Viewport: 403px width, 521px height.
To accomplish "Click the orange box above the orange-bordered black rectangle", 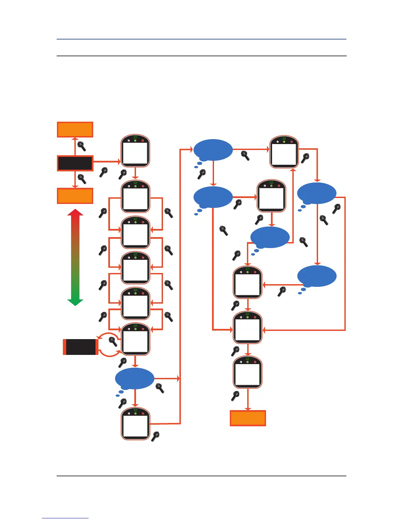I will (x=75, y=130).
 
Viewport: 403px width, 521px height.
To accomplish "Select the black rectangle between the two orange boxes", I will (x=75, y=163).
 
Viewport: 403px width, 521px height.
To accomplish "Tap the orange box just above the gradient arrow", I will (x=75, y=196).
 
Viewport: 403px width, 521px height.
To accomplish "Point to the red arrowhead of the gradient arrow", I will (x=75, y=213).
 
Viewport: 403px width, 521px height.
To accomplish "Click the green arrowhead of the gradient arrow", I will (x=75, y=302).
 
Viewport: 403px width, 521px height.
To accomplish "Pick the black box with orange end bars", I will (x=81, y=347).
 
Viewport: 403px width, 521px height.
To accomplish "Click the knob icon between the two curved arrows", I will (x=113, y=341).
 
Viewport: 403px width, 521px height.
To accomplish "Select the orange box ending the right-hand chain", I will (x=248, y=418).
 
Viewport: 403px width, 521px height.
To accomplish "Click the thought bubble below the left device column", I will (x=135, y=379).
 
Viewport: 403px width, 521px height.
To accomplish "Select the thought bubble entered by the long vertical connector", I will (x=213, y=150).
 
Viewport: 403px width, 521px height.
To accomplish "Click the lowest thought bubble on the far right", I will (x=317, y=276).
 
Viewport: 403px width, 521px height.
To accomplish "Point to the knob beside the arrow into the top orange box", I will (x=82, y=146).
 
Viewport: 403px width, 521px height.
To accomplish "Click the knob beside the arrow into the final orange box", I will (x=235, y=396).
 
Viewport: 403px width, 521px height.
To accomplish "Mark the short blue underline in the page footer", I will (x=65, y=518).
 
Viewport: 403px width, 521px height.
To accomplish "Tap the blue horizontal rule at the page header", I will (x=201, y=39).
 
